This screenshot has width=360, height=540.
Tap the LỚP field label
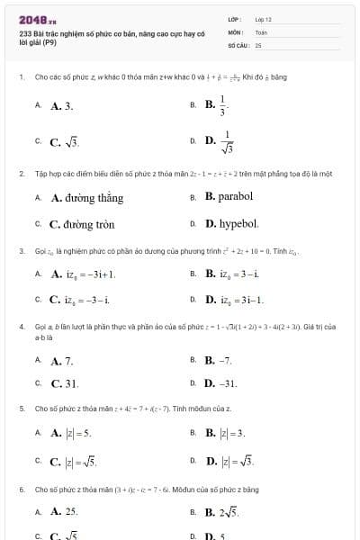[235, 18]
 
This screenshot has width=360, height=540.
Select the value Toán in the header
[261, 31]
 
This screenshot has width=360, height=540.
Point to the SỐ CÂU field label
[238, 43]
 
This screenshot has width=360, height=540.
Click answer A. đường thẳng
[86, 197]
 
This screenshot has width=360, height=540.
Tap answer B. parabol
[229, 196]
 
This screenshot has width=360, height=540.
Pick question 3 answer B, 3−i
[232, 273]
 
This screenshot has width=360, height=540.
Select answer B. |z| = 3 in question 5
[225, 433]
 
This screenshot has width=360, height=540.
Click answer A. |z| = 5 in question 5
[71, 433]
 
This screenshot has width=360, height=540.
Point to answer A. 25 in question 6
[64, 510]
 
